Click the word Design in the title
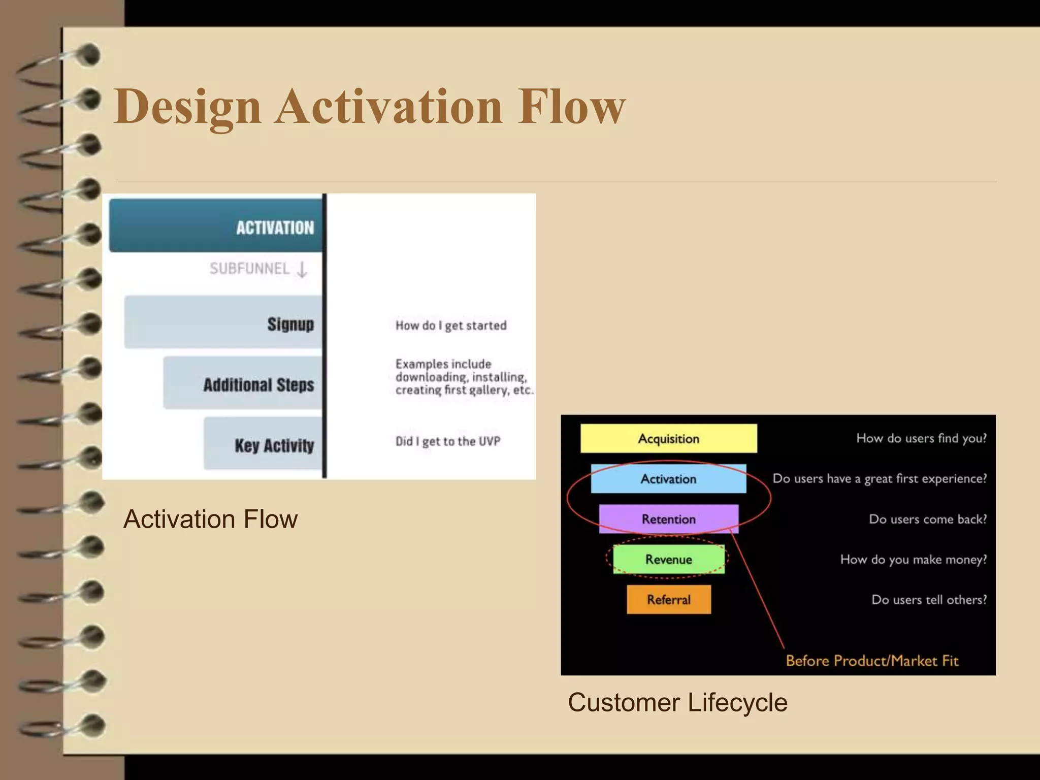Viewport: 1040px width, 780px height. pyautogui.click(x=187, y=107)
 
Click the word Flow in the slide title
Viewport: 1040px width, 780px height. pyautogui.click(x=571, y=107)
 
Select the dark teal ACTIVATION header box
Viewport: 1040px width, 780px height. pyautogui.click(x=216, y=226)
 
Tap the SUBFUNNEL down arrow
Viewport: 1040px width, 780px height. pyautogui.click(x=302, y=269)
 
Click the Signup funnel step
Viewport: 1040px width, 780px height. pyautogui.click(x=223, y=322)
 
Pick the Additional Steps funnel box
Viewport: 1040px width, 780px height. pyautogui.click(x=243, y=383)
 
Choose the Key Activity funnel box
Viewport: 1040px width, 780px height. pyautogui.click(x=263, y=444)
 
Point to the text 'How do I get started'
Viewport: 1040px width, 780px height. pyautogui.click(x=451, y=326)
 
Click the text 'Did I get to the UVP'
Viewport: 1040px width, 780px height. pyautogui.click(x=447, y=441)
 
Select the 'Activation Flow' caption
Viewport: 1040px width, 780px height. pyautogui.click(x=210, y=519)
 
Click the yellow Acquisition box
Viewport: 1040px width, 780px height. pyautogui.click(x=668, y=438)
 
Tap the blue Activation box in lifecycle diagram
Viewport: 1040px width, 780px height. pyautogui.click(x=668, y=478)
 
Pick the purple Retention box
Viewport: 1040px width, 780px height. pyautogui.click(x=668, y=518)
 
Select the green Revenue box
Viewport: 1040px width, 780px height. pyautogui.click(x=668, y=559)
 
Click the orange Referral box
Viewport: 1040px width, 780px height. pyautogui.click(x=668, y=599)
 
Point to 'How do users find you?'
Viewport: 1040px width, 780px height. pyautogui.click(x=921, y=438)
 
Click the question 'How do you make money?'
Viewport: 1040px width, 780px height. pyautogui.click(x=913, y=559)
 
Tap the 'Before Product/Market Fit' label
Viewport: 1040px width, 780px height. pyautogui.click(x=872, y=661)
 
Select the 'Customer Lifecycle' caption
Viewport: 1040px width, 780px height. pyautogui.click(x=677, y=703)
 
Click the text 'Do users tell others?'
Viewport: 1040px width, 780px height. pyautogui.click(x=929, y=600)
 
